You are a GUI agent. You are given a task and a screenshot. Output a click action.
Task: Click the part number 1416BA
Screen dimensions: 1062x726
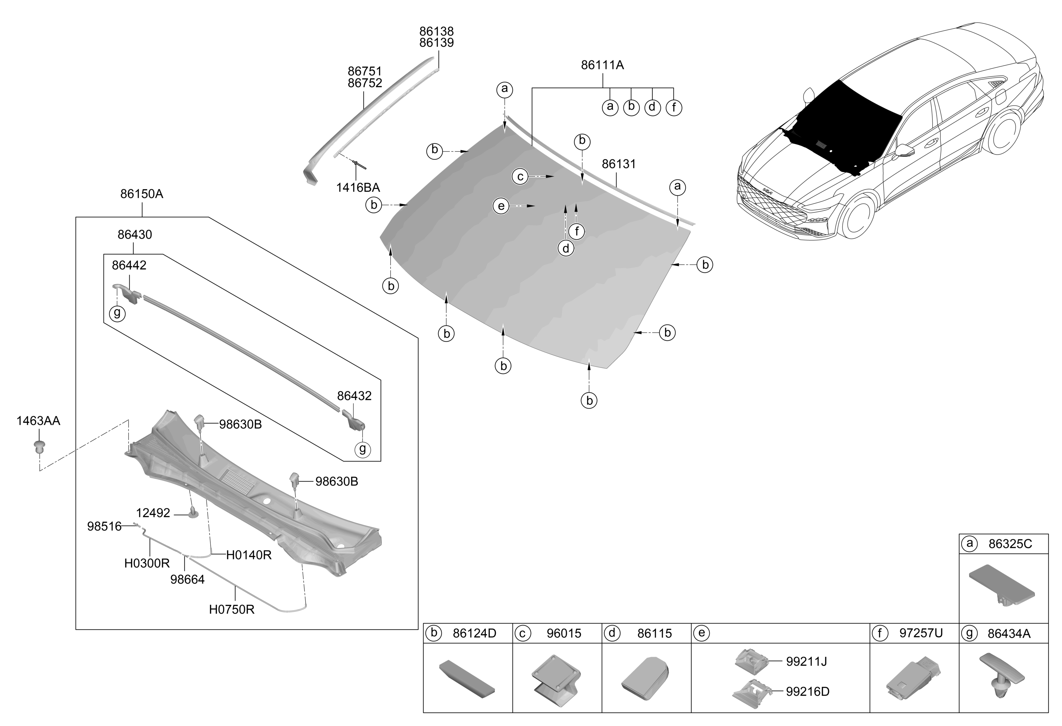[358, 188]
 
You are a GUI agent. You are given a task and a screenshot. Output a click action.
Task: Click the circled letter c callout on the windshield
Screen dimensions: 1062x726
[520, 176]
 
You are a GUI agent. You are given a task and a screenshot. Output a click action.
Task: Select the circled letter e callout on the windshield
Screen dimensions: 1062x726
[501, 206]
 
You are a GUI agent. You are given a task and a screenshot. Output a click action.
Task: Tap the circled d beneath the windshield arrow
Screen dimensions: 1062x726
[566, 248]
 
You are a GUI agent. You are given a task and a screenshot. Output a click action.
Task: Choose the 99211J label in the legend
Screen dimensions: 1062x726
[806, 661]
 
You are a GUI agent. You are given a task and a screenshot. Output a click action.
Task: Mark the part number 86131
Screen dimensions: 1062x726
[619, 164]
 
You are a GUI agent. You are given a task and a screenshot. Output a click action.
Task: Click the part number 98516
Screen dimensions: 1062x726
[105, 527]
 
